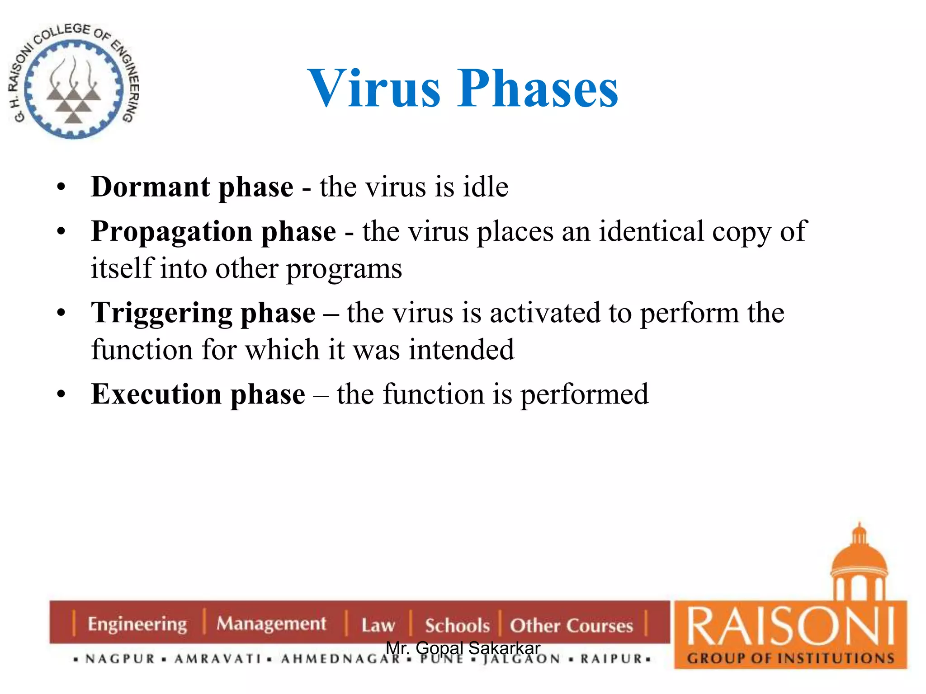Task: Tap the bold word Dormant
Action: click(x=150, y=187)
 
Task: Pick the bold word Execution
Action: click(x=156, y=394)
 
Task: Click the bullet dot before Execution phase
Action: click(x=61, y=394)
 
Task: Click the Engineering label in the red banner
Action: click(x=137, y=624)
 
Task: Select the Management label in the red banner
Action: click(x=271, y=624)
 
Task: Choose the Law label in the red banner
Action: click(x=378, y=625)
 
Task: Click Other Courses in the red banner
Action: click(x=571, y=625)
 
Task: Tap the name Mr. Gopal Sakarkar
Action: click(x=463, y=648)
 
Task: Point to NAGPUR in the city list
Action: click(x=120, y=659)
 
